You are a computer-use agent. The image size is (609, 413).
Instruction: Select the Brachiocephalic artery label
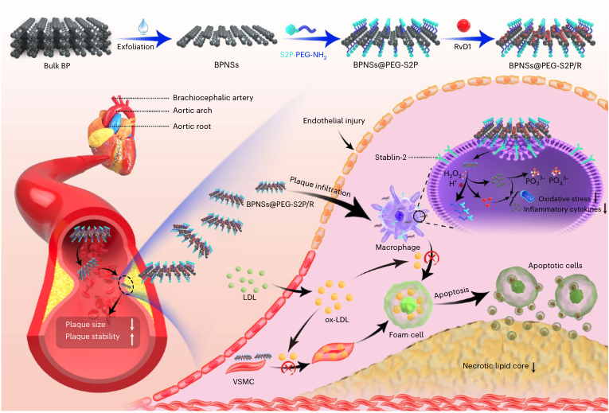tap(213, 97)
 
